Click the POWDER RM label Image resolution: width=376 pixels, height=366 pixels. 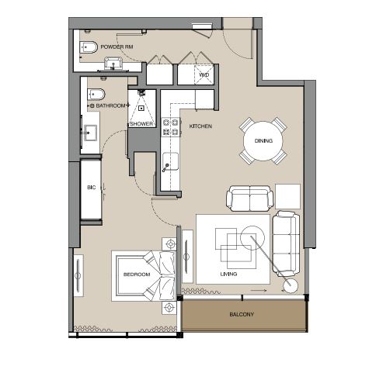119,47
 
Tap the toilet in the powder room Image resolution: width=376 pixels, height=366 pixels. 89,49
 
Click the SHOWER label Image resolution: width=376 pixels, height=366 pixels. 141,123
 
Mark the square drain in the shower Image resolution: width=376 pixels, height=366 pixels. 141,108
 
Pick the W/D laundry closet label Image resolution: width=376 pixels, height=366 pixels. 204,75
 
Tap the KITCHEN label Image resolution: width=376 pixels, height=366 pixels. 200,126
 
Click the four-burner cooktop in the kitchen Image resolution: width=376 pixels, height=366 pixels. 170,126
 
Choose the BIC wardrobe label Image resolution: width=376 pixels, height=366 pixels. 91,187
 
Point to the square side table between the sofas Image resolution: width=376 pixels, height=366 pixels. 287,195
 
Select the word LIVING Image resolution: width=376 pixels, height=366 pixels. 228,274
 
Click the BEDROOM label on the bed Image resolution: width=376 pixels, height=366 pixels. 136,274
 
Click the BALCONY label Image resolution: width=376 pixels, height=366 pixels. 242,314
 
